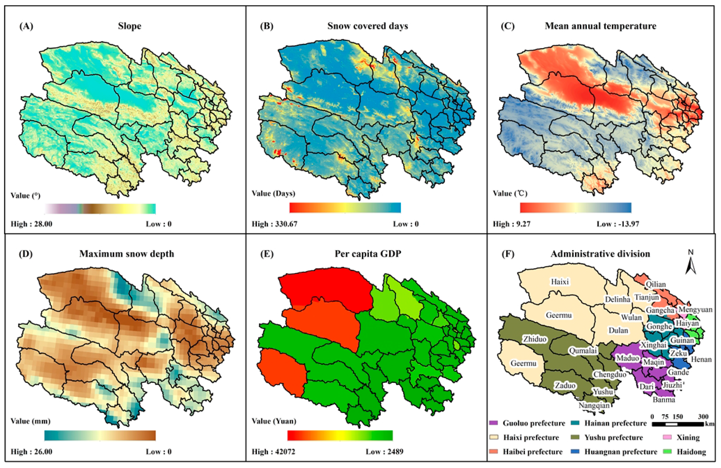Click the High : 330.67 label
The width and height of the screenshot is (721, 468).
[274, 224]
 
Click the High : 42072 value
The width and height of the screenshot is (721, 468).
[273, 452]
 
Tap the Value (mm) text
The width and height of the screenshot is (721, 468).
[30, 421]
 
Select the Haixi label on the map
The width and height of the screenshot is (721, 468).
[560, 282]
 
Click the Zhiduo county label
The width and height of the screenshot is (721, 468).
[535, 339]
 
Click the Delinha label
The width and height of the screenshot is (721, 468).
[617, 299]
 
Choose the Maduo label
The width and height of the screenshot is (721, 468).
[628, 358]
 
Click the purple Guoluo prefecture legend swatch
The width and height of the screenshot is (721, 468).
[493, 423]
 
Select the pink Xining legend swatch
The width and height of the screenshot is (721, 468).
[667, 437]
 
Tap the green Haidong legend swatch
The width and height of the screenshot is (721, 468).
[667, 452]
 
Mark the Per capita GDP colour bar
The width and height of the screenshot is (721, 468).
[340, 435]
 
